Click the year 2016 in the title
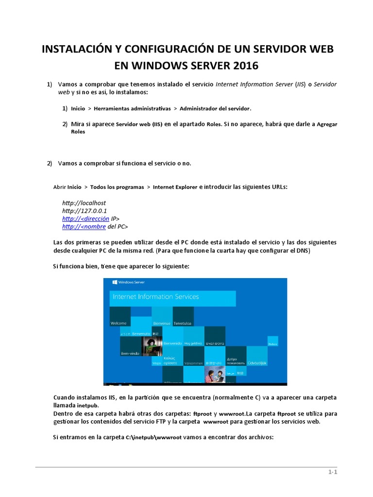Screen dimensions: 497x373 [241, 65]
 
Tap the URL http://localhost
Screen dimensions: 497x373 [84, 202]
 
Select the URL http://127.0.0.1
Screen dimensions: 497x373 [85, 211]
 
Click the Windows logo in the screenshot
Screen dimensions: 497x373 [115, 282]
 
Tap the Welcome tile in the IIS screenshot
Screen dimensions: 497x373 [119, 323]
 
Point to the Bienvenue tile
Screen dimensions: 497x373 [162, 323]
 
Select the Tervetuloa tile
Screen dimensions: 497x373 [183, 323]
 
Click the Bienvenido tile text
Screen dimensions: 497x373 [172, 343]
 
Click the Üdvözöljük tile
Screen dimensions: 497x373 [257, 363]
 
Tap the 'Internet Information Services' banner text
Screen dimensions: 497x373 [155, 297]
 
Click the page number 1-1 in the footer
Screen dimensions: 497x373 [332, 472]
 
